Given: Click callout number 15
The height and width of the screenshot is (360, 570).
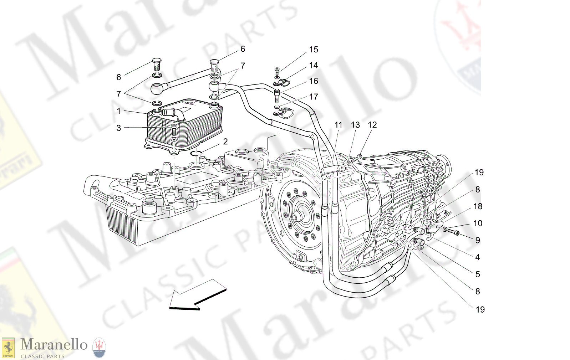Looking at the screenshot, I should tap(313, 50).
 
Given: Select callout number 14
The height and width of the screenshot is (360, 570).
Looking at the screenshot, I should tap(313, 65).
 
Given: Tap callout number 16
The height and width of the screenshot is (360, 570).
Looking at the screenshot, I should tap(313, 81).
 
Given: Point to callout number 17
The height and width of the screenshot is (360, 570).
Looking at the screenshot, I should tap(313, 97).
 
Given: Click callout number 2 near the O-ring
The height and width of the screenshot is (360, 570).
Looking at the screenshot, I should tap(225, 142).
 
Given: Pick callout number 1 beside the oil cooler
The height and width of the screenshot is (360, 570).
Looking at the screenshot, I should tap(119, 111).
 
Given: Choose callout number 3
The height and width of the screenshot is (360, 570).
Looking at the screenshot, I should tap(119, 128).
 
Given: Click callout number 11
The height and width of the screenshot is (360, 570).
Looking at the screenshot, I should tap(338, 125).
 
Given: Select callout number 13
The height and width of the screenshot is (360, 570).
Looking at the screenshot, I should tap(355, 125).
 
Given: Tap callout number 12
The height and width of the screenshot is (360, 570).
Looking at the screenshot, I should tap(372, 125).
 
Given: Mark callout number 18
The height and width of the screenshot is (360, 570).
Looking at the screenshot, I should tap(478, 206).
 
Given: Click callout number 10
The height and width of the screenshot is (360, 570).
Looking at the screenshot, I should tap(478, 223).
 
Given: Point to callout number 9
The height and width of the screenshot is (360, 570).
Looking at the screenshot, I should tap(478, 240).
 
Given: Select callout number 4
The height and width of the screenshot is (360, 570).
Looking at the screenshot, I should tap(478, 257).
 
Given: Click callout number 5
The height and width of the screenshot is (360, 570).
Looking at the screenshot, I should tap(478, 274).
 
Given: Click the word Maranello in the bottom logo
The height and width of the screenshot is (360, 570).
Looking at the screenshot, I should tap(54, 345).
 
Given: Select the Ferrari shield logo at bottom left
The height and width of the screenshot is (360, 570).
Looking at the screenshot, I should tap(8, 348).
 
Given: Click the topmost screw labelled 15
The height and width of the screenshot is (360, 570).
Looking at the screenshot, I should tap(277, 71).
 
